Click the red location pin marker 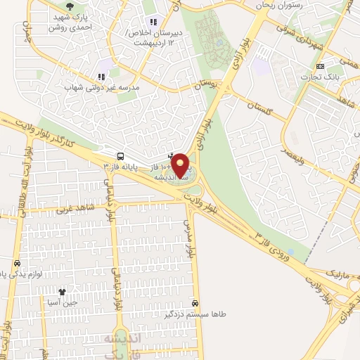[181, 166]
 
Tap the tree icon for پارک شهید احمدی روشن [67, 8]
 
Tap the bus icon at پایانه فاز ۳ [121, 156]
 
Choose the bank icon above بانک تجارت [321, 65]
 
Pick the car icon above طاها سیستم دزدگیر [204, 303]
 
